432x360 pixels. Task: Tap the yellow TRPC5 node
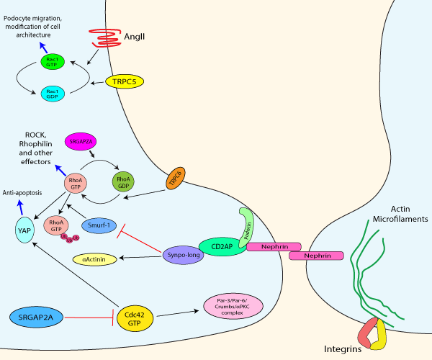click(x=125, y=82)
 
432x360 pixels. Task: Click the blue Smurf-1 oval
click(x=101, y=225)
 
